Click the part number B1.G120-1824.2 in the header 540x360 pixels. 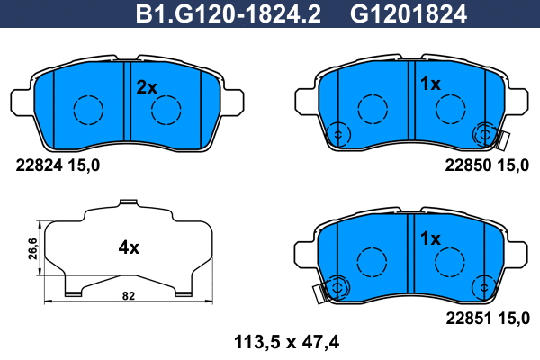[229, 14]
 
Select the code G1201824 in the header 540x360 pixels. [409, 14]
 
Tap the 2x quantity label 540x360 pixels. [147, 87]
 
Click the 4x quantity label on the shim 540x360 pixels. [129, 247]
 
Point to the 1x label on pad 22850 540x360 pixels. [430, 84]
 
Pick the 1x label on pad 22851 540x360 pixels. [430, 238]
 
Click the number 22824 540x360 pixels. [40, 166]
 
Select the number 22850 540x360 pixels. [468, 166]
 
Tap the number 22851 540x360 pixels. [469, 319]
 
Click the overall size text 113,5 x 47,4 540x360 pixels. [287, 342]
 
